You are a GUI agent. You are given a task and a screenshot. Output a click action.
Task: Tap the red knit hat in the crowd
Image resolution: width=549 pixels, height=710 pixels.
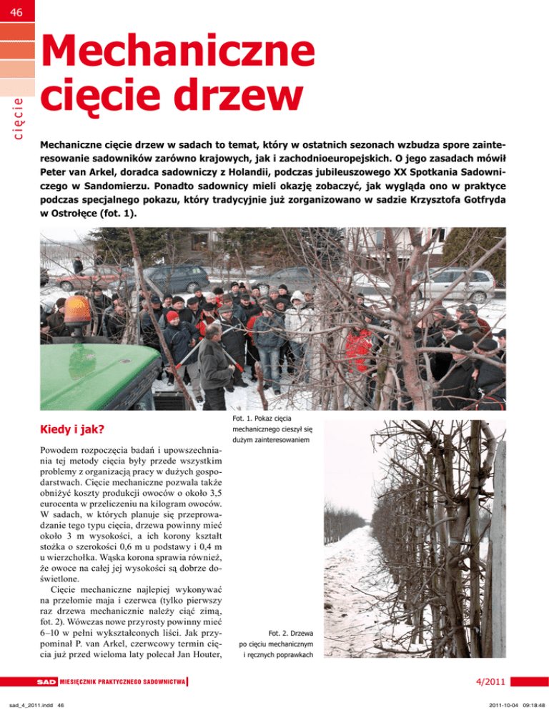point(172,316)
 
